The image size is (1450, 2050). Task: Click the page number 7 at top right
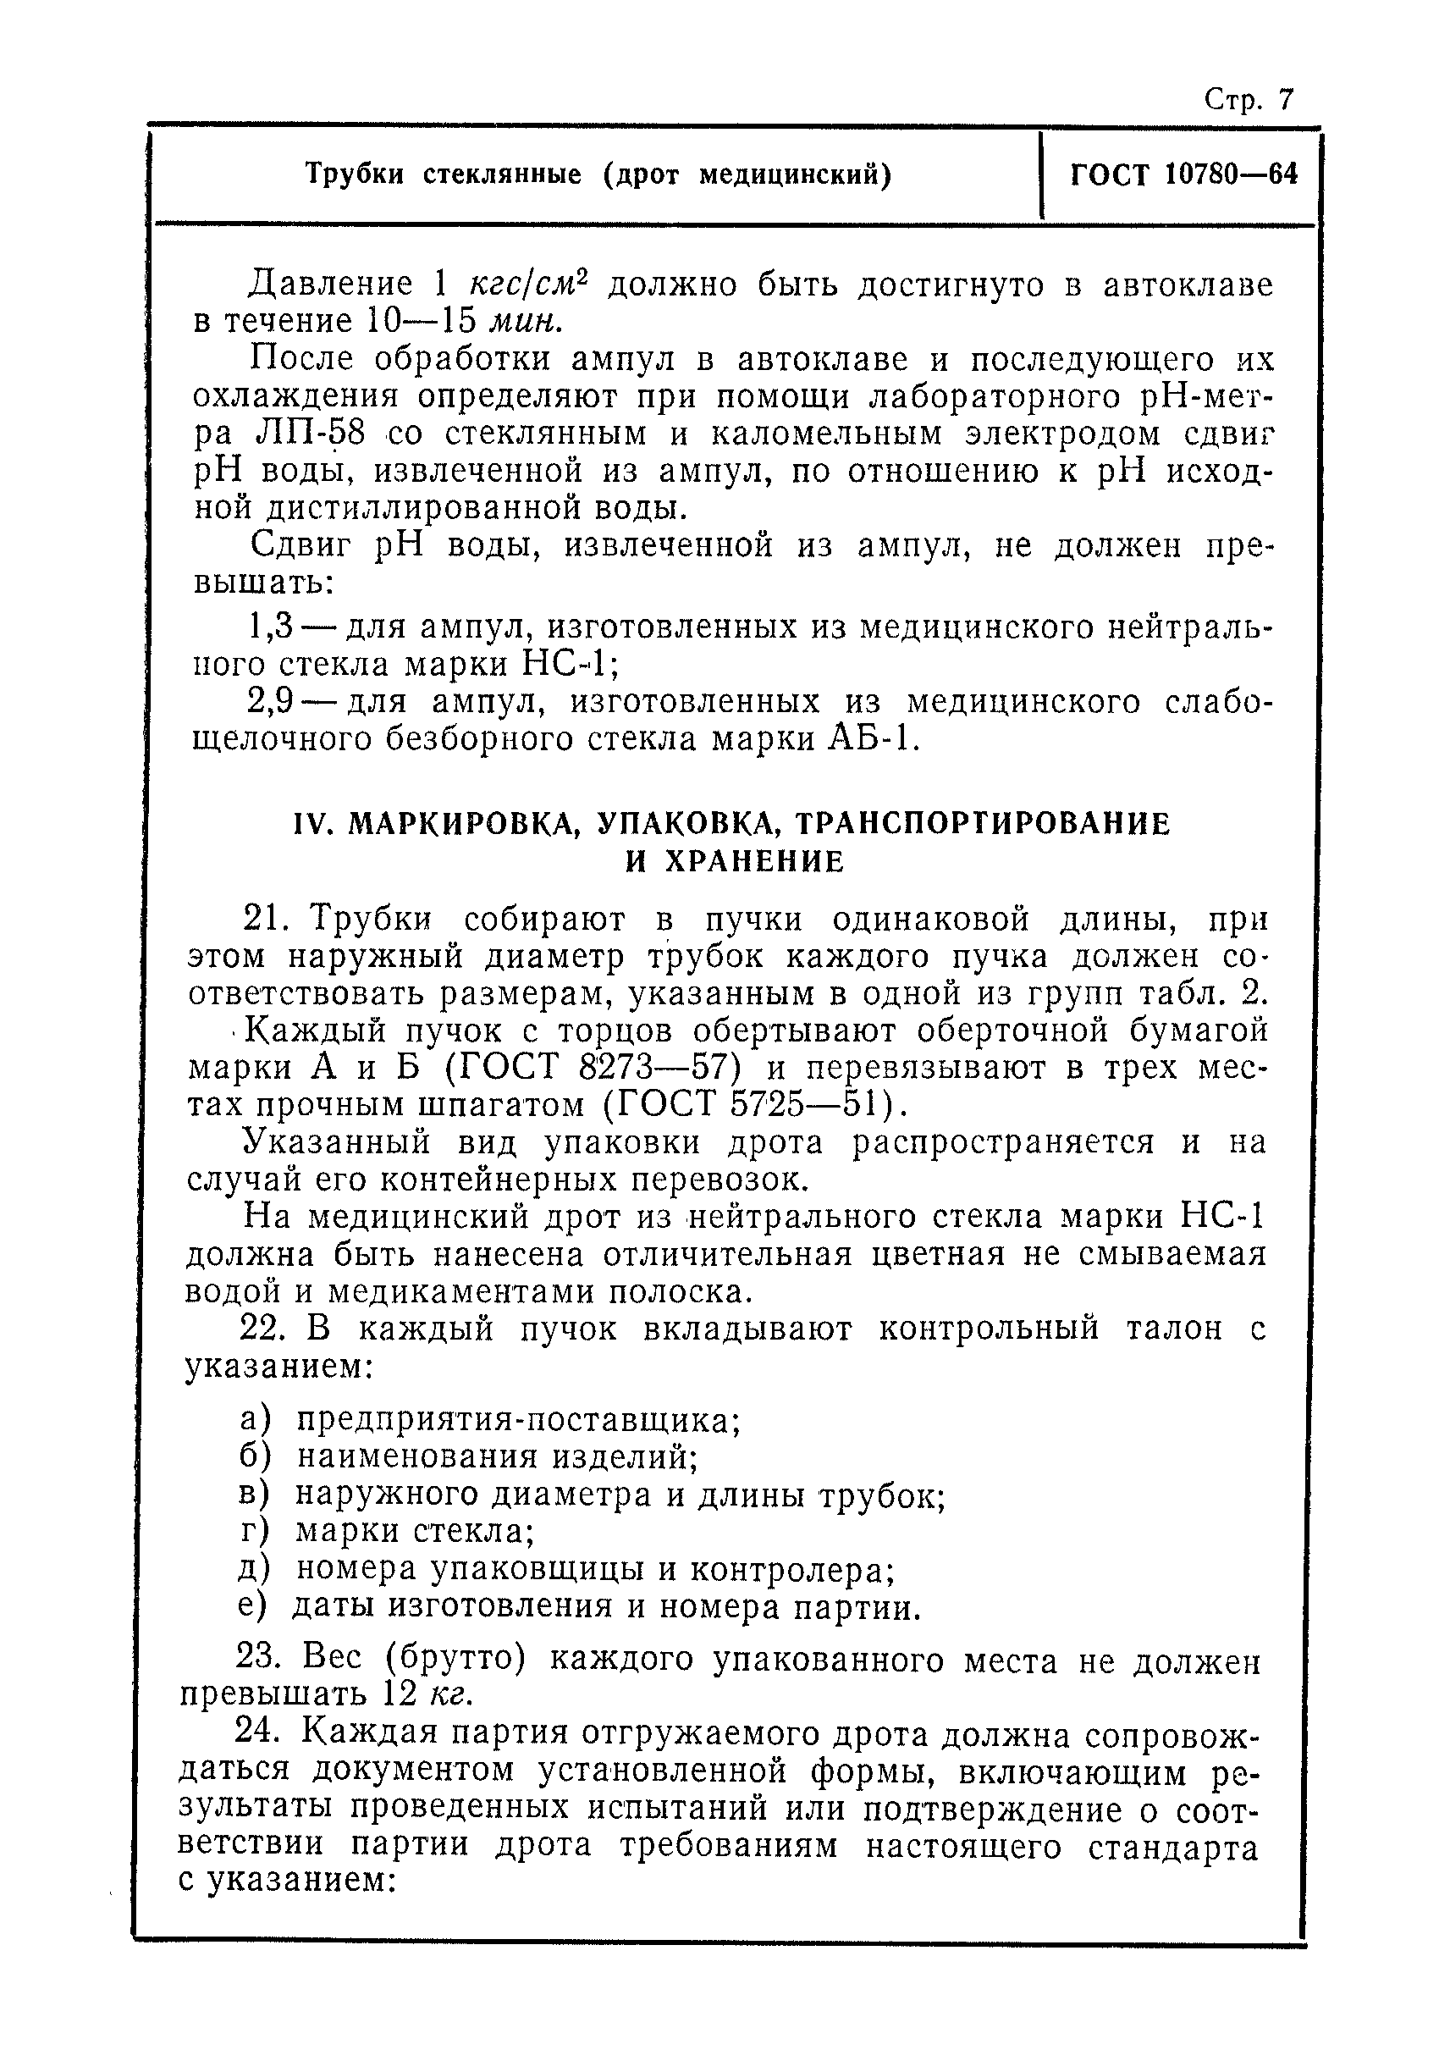pyautogui.click(x=1285, y=98)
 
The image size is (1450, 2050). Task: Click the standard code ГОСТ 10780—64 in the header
pyautogui.click(x=1183, y=174)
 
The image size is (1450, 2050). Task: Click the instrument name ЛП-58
pyautogui.click(x=310, y=434)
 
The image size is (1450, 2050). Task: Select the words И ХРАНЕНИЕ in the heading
pyautogui.click(x=733, y=862)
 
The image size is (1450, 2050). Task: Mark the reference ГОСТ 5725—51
pyautogui.click(x=750, y=1106)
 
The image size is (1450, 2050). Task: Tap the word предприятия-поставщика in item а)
pyautogui.click(x=518, y=1419)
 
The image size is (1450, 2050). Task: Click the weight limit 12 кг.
pyautogui.click(x=425, y=1694)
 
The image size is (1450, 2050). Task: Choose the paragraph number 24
pyautogui.click(x=256, y=1733)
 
